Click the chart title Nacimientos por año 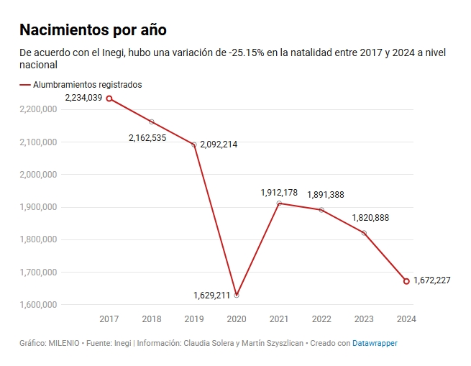point(93,29)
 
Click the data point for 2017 point(109,99)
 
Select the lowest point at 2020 point(237,296)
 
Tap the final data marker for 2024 point(406,281)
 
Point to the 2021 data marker point(279,203)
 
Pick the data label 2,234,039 point(83,98)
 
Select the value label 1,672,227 point(432,280)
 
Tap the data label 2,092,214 point(219,145)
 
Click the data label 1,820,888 point(370,218)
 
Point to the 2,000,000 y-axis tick point(38,175)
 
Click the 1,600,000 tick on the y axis point(38,305)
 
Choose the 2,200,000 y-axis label point(38,109)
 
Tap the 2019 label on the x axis point(194,319)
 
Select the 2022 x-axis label point(321,319)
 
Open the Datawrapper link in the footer point(375,343)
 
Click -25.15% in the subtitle point(247,52)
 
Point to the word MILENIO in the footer point(64,343)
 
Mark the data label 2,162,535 point(147,138)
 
